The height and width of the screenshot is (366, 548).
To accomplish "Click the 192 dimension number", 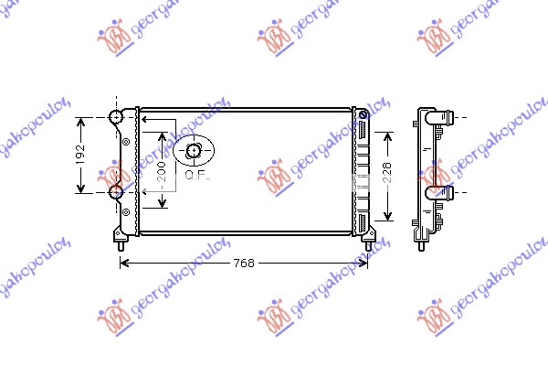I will pos(80,155).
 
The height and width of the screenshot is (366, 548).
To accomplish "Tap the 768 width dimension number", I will pos(243,264).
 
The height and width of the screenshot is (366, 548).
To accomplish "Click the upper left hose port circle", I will pos(116,117).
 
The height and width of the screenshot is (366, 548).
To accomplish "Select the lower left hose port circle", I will pos(116,192).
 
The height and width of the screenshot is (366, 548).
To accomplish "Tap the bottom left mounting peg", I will pos(120,243).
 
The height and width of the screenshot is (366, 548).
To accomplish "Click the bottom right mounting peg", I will pos(367,243).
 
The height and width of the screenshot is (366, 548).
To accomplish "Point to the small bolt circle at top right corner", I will pos(364,115).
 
